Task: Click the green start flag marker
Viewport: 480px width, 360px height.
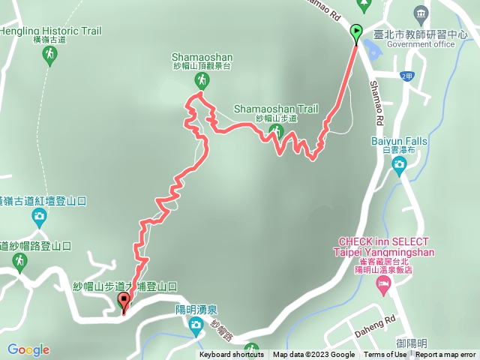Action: tap(356, 32)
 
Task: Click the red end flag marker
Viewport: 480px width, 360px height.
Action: tap(124, 301)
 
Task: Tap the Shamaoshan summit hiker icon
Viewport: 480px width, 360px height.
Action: tap(199, 80)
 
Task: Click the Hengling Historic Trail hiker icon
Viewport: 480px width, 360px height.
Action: tap(49, 54)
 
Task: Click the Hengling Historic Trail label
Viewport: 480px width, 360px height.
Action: tap(50, 31)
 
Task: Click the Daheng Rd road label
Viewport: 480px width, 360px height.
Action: tap(380, 319)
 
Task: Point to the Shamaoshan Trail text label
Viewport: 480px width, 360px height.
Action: tap(276, 109)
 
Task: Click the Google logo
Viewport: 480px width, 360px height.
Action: tap(28, 349)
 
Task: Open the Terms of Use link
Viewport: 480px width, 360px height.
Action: tap(385, 355)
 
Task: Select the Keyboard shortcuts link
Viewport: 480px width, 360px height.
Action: tap(231, 355)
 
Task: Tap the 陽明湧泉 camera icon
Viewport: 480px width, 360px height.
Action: tap(196, 325)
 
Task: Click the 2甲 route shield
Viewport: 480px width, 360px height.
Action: tap(406, 76)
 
